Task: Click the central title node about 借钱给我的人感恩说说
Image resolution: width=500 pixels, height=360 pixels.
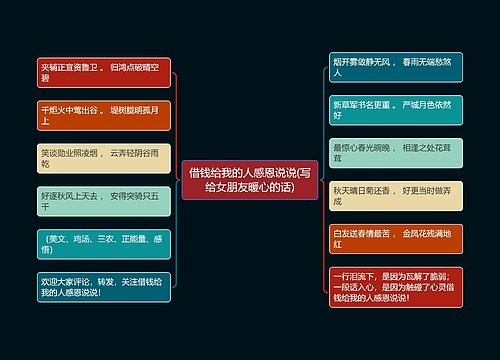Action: point(250,179)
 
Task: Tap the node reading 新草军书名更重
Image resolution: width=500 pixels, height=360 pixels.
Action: point(396,108)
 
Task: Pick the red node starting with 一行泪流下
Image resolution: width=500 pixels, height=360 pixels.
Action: point(396,286)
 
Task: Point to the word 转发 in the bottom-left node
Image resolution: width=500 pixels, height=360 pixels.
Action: point(112,280)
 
